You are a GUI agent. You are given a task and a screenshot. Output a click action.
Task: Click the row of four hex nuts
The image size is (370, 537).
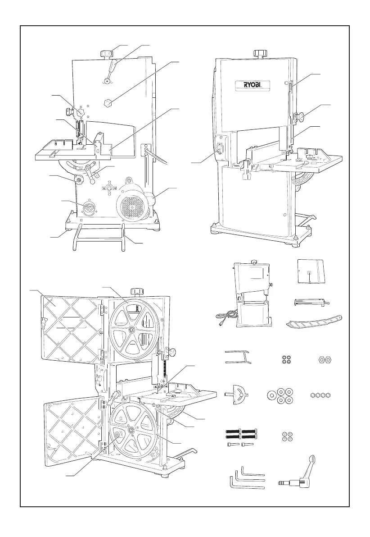[321, 395]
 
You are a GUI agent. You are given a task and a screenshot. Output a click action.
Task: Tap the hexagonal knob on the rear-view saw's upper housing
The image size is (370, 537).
[107, 103]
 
